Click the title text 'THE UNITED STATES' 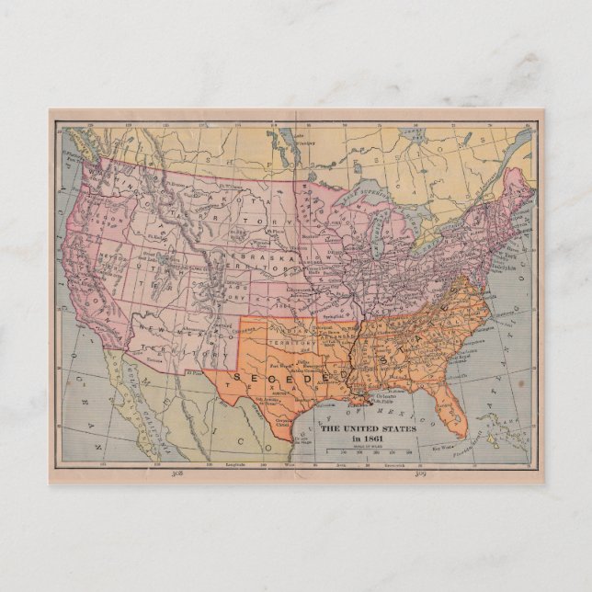367,428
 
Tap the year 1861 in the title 367,438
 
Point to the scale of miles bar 368,450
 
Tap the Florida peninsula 448,410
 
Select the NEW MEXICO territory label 175,331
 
